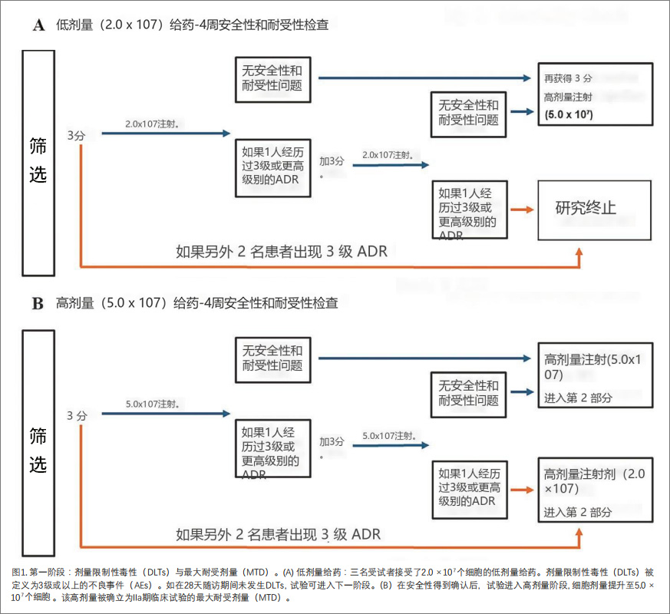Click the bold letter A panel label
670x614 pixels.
click(x=38, y=25)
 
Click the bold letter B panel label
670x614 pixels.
click(x=38, y=303)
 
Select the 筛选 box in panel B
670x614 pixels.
click(x=38, y=443)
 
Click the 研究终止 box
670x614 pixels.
click(x=595, y=207)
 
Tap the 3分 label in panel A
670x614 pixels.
click(x=76, y=135)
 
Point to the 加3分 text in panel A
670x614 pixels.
click(x=332, y=161)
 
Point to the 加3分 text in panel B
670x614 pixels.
click(x=332, y=442)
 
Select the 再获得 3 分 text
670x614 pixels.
click(x=568, y=78)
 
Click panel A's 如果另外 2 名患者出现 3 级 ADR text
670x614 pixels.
click(x=282, y=252)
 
